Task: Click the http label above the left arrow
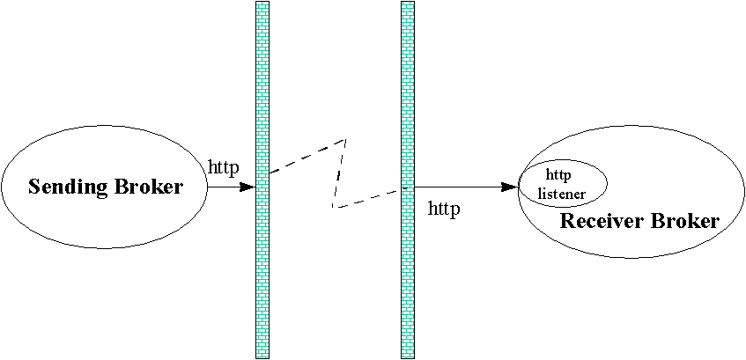click(x=224, y=166)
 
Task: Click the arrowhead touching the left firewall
click(x=248, y=187)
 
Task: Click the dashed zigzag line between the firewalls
click(x=340, y=173)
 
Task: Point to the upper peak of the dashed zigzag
click(x=346, y=139)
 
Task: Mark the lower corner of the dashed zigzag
click(x=333, y=207)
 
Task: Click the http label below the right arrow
click(x=444, y=209)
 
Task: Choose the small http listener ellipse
click(x=564, y=160)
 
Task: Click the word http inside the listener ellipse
click(x=558, y=173)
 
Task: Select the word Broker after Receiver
click(x=686, y=221)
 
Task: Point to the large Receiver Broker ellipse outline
click(x=631, y=258)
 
